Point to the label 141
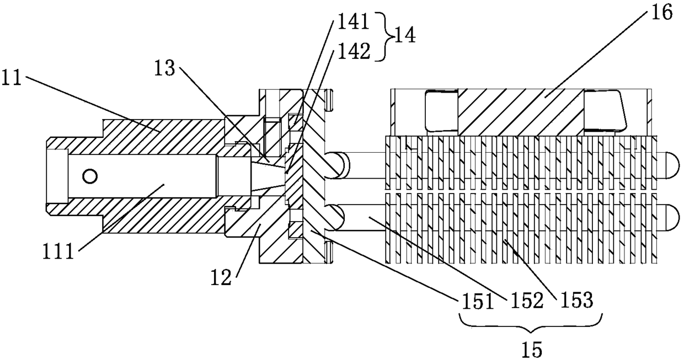(x=351, y=23)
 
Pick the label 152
(x=526, y=301)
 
